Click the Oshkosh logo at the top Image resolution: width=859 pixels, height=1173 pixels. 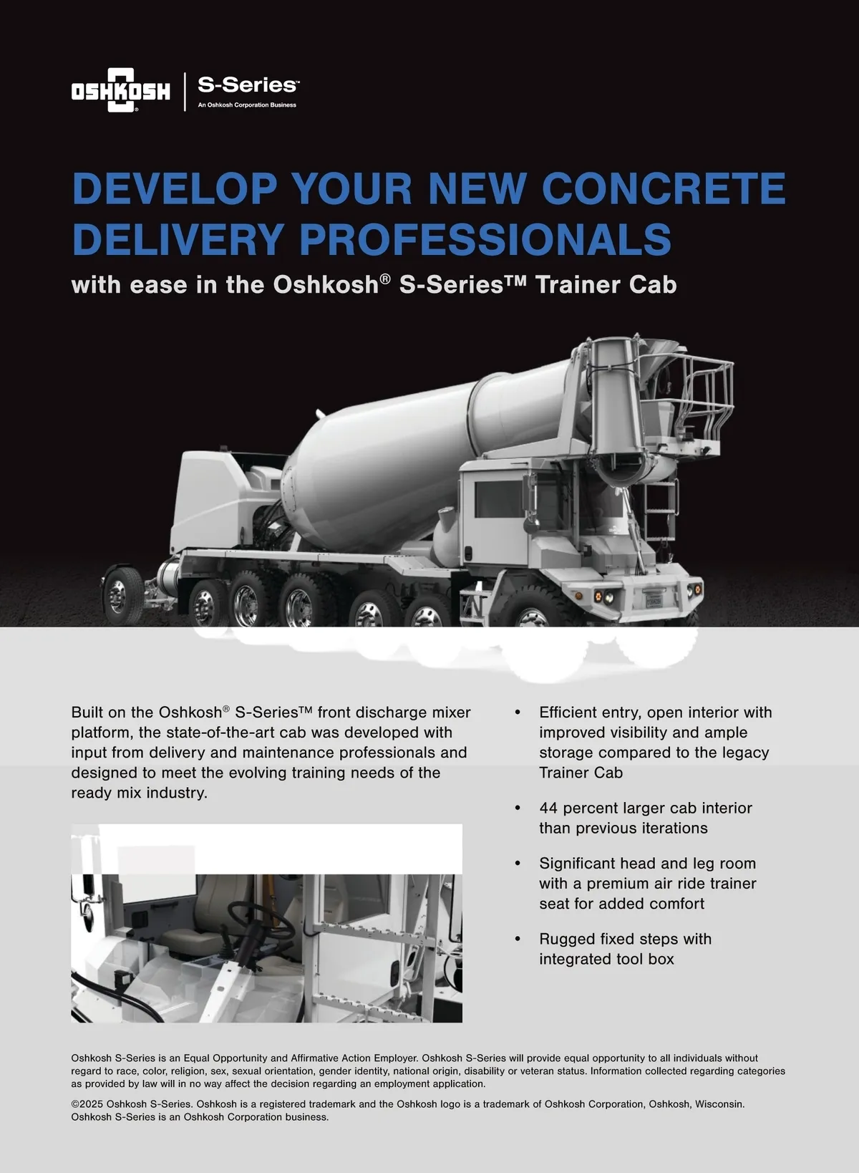(x=120, y=90)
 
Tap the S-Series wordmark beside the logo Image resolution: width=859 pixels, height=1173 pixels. (x=248, y=85)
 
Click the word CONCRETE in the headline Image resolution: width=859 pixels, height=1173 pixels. (x=664, y=188)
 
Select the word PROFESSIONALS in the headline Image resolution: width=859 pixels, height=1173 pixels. (x=485, y=238)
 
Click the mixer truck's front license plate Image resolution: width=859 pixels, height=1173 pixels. (x=654, y=599)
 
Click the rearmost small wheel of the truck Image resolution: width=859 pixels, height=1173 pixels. (x=122, y=596)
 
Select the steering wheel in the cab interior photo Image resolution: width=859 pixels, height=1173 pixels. (x=261, y=920)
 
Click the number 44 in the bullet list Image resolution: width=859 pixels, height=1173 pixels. (x=548, y=808)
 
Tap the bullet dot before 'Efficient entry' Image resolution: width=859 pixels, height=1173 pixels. (x=518, y=713)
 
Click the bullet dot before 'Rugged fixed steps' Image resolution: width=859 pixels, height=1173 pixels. (x=518, y=939)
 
